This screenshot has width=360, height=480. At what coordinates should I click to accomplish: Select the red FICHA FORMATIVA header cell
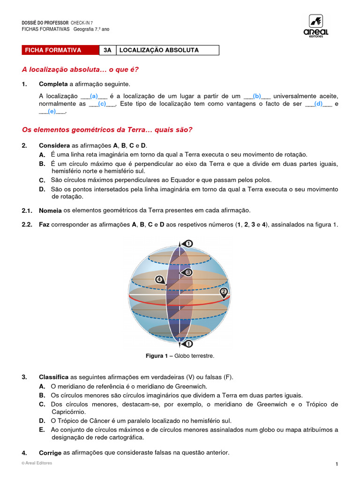60,50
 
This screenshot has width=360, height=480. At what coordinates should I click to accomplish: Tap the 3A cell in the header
107,50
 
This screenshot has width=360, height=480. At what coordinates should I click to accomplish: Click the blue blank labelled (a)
94,96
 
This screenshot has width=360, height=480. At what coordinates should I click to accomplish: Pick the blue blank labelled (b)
257,96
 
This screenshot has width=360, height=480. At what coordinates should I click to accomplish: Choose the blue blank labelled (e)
52,112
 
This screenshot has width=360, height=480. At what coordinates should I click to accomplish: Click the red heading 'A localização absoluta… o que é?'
80,69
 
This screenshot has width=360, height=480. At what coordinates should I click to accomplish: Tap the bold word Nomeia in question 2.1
50,210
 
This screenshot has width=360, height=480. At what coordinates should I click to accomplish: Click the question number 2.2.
27,225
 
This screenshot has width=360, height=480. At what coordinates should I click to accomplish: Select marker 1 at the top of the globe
188,243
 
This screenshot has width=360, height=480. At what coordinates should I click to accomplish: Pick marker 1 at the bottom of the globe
188,344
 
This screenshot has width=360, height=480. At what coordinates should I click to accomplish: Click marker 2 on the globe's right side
224,292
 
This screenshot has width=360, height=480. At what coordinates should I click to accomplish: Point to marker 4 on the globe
159,280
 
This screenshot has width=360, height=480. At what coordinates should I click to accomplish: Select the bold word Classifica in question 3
54,377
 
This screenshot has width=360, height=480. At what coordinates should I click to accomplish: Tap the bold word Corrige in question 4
50,453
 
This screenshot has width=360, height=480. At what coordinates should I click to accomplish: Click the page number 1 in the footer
337,464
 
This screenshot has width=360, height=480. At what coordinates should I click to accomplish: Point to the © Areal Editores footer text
37,463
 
